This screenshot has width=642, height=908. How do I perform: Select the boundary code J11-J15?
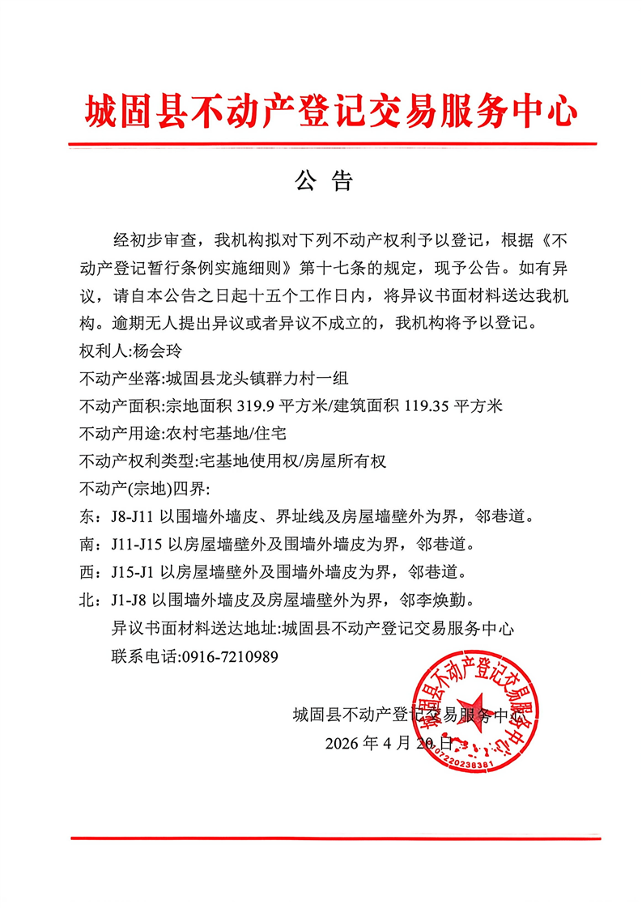pos(134,545)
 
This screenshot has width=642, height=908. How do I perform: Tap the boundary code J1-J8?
pos(128,600)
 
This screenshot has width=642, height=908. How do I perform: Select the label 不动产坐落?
pos(120,380)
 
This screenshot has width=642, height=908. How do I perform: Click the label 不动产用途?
pos(120,434)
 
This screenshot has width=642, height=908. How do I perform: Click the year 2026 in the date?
pos(342,743)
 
